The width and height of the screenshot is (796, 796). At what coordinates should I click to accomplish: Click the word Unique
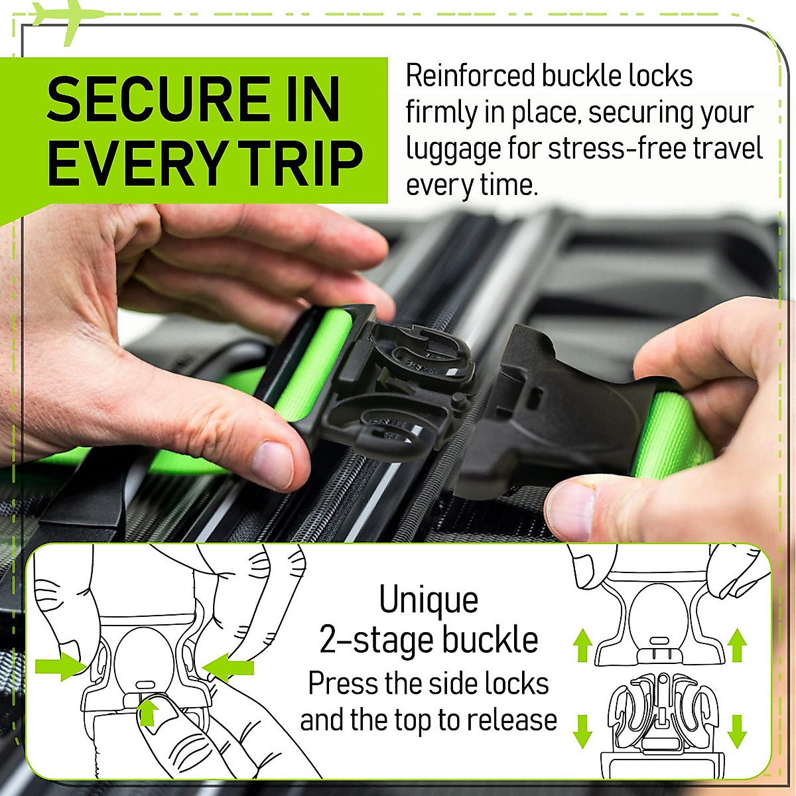coord(429,600)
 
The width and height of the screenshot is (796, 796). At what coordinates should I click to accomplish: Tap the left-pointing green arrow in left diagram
coord(230,667)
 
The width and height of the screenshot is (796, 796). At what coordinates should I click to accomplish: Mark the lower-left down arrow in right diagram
coord(582,730)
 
